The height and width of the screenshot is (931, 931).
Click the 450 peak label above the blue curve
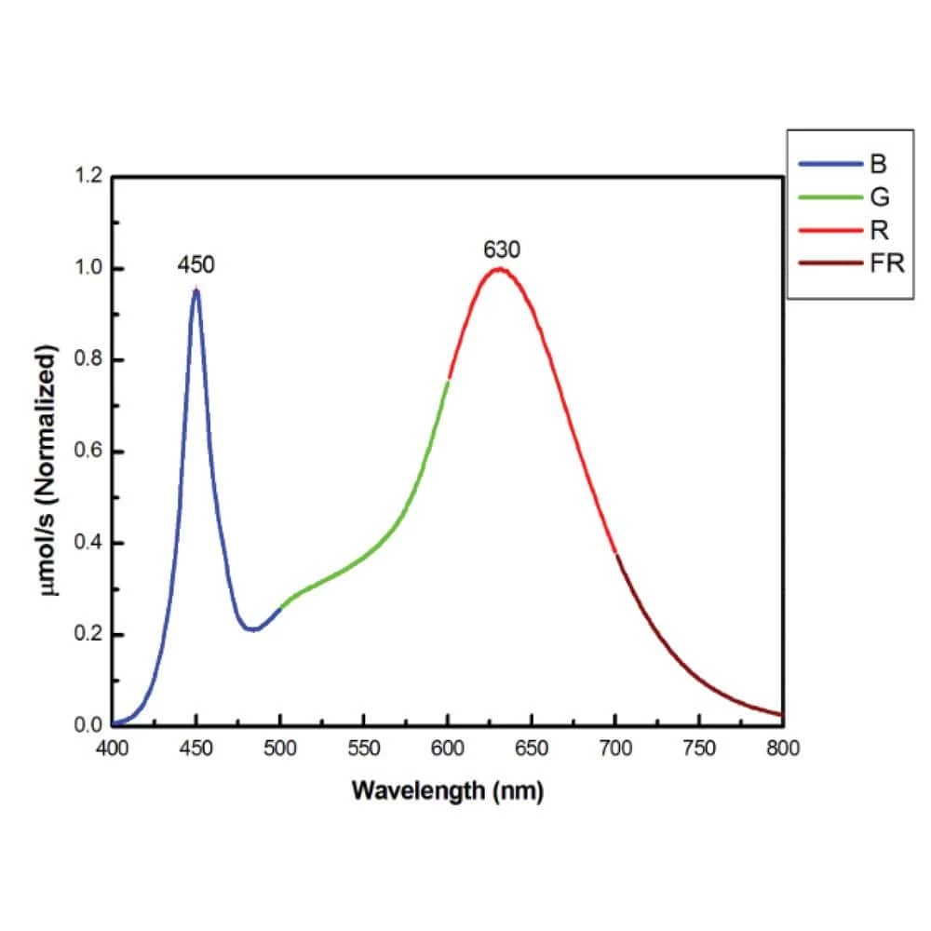(196, 265)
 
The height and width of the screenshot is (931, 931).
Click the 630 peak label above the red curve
(501, 250)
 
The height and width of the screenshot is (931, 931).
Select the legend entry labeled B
(878, 166)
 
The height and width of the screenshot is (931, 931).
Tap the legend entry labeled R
(878, 231)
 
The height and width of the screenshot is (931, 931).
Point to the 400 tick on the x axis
(112, 749)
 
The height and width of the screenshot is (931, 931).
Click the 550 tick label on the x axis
(363, 749)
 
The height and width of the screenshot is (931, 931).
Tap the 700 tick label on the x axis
(615, 749)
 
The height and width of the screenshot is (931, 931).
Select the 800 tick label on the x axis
(783, 749)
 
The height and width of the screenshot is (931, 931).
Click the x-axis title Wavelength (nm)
(447, 792)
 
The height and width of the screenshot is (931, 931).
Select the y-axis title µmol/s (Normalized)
(51, 452)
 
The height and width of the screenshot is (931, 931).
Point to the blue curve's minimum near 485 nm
(252, 629)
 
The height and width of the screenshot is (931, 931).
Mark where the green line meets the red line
(448, 380)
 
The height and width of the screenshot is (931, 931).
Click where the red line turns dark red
(616, 555)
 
